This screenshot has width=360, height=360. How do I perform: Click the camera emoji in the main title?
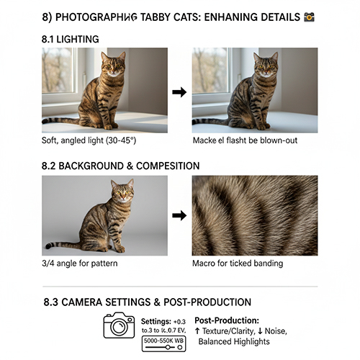coord(310,15)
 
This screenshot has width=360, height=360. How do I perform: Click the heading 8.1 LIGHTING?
coord(71,38)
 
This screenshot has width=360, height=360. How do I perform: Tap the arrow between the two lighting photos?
coord(180,92)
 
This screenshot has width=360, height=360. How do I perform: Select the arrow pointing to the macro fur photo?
coord(180,215)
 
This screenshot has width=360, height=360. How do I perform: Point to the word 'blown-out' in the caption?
coord(278,140)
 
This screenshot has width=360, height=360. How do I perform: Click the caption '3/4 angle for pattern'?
coord(79,264)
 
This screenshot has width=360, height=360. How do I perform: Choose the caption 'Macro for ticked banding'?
coord(238,264)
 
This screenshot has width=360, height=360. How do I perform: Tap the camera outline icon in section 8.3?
coord(119,325)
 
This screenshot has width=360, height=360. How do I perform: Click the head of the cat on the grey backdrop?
coord(122,192)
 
